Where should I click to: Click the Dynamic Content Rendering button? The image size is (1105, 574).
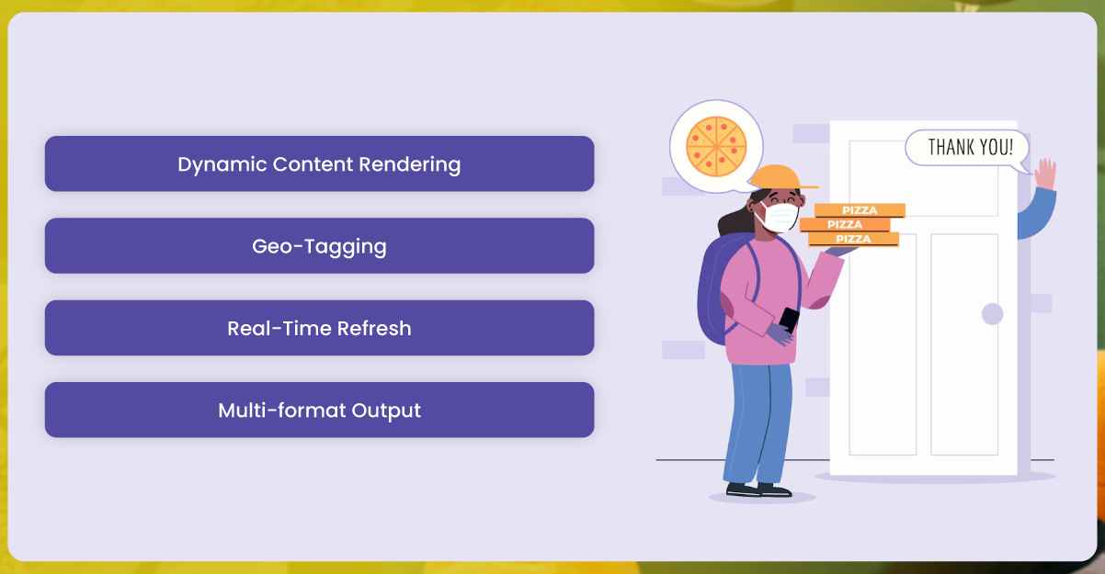click(x=319, y=164)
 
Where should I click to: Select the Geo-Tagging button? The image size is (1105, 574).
click(x=319, y=246)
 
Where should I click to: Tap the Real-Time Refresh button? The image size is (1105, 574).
click(x=319, y=328)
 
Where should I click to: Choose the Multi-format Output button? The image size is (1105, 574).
click(x=319, y=410)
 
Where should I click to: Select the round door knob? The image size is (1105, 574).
click(x=992, y=314)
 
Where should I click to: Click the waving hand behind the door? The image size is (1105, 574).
click(x=1045, y=174)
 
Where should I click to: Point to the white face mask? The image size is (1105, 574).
click(x=780, y=217)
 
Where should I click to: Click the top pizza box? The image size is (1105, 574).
click(x=860, y=210)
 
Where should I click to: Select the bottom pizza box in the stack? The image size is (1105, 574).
click(x=853, y=239)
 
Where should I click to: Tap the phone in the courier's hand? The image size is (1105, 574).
click(x=789, y=320)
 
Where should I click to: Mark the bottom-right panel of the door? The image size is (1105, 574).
click(x=963, y=344)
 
